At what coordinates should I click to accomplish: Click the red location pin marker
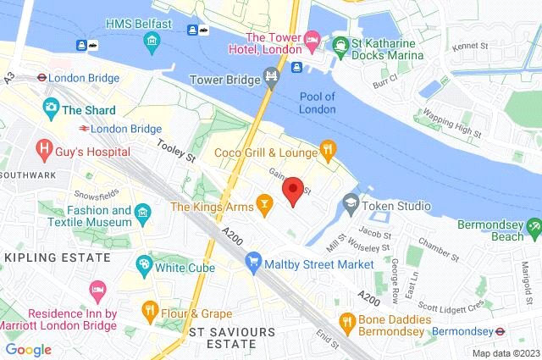coord(293,191)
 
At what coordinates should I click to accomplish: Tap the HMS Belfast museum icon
coord(151,41)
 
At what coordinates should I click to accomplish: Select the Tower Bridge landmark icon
coord(271,79)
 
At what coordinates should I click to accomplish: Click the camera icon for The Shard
coord(50,108)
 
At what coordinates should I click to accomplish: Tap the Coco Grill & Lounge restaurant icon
coord(327,152)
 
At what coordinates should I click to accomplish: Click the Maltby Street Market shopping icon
coord(252,264)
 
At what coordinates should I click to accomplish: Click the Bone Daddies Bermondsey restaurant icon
coord(346,321)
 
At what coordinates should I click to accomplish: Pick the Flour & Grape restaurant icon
coord(150,309)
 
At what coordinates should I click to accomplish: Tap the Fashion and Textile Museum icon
coord(143,211)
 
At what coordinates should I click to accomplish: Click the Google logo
coord(28,349)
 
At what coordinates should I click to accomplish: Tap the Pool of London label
coord(318,102)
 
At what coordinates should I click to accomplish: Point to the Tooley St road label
coord(176,152)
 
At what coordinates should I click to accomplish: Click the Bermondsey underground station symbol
coord(500,330)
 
